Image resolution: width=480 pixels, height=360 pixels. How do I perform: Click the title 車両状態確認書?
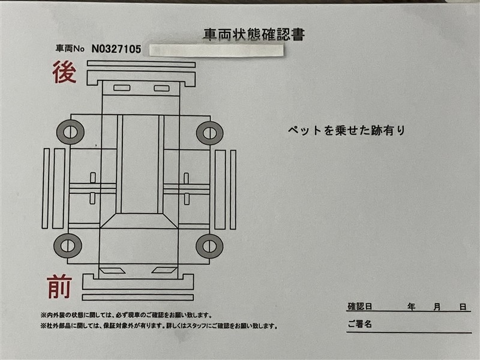254,35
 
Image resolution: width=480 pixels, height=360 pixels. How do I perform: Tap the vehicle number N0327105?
116,49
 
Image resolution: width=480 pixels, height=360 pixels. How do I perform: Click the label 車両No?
70,49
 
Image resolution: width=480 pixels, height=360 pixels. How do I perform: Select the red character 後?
64,72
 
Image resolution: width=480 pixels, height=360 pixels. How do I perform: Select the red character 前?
59,287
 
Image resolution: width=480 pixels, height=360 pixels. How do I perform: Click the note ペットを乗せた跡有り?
346,131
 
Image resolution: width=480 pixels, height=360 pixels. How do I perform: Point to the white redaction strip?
217,50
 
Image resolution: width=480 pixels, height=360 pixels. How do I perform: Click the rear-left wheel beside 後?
70,132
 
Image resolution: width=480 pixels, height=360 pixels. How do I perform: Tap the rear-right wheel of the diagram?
209,133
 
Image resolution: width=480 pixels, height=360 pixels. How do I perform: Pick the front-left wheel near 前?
68,246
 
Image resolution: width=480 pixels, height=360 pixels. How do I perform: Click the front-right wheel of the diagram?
209,246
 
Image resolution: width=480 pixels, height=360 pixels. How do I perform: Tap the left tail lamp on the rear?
122,88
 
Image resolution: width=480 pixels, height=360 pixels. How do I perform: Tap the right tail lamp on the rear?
161,88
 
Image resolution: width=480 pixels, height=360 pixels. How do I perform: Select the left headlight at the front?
112,271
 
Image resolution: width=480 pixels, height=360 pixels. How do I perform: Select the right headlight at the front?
164,271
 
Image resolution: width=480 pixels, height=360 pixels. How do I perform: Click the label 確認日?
359,307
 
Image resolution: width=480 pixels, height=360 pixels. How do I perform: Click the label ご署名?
359,324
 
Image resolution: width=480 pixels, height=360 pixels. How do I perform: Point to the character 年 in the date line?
412,307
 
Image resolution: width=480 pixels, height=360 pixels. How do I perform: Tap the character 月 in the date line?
437,307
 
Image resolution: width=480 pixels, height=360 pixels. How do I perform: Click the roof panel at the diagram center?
140,164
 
